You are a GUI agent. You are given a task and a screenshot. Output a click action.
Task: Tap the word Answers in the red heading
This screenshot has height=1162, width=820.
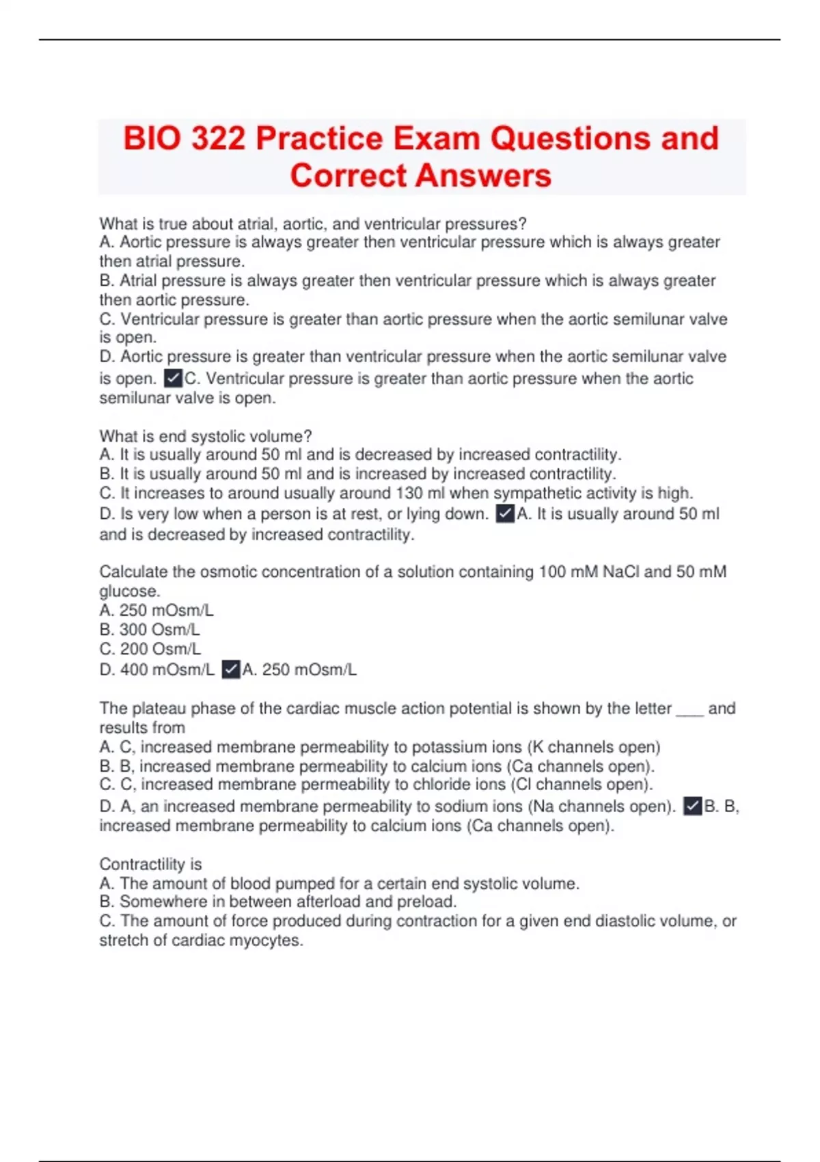482,176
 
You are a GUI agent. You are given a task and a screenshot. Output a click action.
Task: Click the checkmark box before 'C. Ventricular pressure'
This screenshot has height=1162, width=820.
174,378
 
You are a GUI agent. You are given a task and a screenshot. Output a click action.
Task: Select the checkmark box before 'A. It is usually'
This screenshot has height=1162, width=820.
505,513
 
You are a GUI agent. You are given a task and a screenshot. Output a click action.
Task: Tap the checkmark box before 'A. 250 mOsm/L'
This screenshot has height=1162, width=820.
232,669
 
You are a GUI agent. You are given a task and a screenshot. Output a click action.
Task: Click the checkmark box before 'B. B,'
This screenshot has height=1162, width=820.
693,806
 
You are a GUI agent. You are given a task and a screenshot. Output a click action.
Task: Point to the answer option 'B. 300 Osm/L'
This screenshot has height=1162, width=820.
150,630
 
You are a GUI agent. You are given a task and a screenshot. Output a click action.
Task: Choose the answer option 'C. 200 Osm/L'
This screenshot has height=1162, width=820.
150,649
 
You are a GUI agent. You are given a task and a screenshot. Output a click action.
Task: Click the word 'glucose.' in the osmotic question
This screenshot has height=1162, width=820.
130,591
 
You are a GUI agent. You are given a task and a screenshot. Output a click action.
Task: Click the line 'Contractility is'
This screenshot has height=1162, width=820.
150,864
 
